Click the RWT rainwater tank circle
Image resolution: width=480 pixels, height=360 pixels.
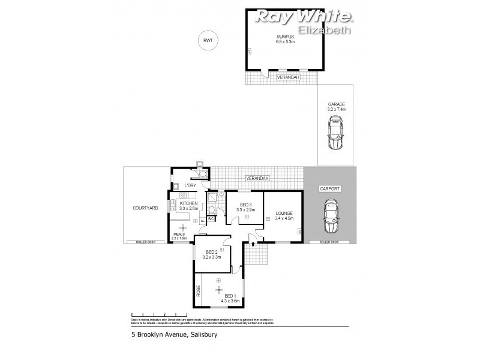pyautogui.click(x=208, y=40)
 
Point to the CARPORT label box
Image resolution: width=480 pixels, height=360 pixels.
pyautogui.click(x=330, y=188)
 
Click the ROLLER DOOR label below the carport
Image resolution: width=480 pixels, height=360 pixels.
pyautogui.click(x=330, y=242)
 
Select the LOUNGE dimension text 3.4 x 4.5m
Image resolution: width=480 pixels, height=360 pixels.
pyautogui.click(x=284, y=218)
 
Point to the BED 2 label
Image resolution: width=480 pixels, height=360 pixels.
pyautogui.click(x=212, y=252)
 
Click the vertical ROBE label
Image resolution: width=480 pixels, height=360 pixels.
pyautogui.click(x=198, y=291)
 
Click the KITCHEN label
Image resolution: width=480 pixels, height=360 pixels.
pyautogui.click(x=188, y=203)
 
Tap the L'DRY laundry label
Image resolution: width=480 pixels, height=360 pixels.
pyautogui.click(x=190, y=185)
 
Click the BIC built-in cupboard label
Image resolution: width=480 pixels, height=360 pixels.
pyautogui.click(x=211, y=220)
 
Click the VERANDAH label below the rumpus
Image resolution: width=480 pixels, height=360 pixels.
pyautogui.click(x=286, y=77)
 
